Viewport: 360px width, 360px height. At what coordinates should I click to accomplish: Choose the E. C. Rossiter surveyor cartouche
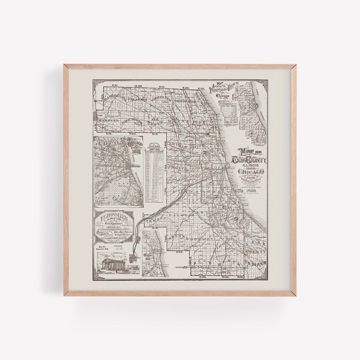pos(116,222)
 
